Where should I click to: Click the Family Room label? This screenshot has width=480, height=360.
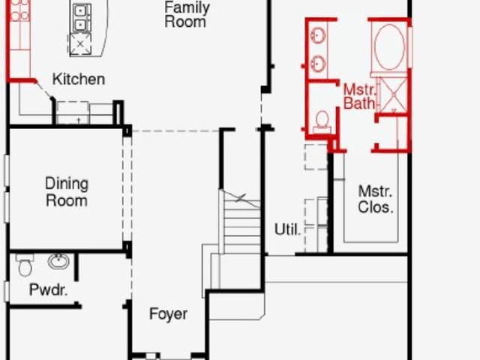[187, 15]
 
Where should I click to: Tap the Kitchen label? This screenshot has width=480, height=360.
[79, 79]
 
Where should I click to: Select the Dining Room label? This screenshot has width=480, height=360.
[67, 192]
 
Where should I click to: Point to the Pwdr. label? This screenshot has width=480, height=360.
[48, 289]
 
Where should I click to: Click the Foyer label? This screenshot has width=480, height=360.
[168, 313]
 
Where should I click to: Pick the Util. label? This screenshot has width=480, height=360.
[287, 229]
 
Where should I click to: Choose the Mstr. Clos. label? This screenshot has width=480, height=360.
[375, 199]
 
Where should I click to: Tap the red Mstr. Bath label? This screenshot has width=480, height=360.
[359, 97]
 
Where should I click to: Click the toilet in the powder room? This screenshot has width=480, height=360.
[25, 264]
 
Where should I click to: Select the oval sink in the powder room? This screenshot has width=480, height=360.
[58, 261]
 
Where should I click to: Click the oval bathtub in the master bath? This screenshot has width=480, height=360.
[390, 46]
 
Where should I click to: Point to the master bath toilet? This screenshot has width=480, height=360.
[322, 121]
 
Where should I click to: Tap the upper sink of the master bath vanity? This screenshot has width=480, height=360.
[318, 34]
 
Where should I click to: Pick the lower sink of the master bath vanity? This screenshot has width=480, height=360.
[318, 63]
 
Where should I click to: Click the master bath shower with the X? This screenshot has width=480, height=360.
[393, 94]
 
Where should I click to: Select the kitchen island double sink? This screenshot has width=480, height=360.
[80, 18]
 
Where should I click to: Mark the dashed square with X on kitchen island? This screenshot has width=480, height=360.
[79, 43]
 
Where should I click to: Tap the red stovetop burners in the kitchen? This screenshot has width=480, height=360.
[19, 10]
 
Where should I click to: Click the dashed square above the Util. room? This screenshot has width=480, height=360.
[316, 157]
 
